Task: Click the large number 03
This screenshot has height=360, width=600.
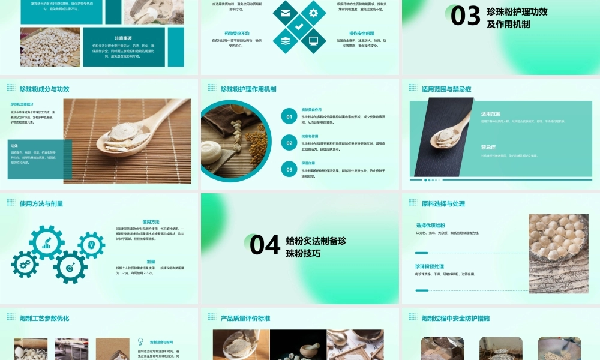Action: (x=466, y=16)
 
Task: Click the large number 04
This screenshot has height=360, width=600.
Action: (x=265, y=245)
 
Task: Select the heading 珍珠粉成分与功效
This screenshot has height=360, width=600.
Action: (x=44, y=89)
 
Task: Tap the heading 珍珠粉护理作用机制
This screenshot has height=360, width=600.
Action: (x=248, y=89)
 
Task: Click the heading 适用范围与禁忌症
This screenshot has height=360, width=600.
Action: (x=446, y=89)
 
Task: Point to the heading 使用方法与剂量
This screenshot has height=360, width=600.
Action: (x=41, y=203)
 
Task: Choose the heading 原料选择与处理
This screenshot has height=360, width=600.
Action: (x=443, y=203)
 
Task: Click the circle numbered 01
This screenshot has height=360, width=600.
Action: (x=289, y=117)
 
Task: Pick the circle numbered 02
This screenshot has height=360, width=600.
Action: (x=289, y=143)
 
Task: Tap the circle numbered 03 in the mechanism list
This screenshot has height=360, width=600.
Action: (x=289, y=170)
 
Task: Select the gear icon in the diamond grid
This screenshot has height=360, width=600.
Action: (x=313, y=13)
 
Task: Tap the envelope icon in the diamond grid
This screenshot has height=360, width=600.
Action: (x=285, y=13)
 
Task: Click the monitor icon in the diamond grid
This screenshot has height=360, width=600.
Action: (x=313, y=41)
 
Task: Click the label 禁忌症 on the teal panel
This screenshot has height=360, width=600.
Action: (x=488, y=147)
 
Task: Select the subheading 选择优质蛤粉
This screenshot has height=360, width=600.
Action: (x=431, y=225)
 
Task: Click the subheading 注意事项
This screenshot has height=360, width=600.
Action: (x=124, y=37)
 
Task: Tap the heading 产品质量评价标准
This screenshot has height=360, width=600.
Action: (x=245, y=318)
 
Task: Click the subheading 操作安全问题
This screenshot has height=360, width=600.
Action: (x=361, y=34)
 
